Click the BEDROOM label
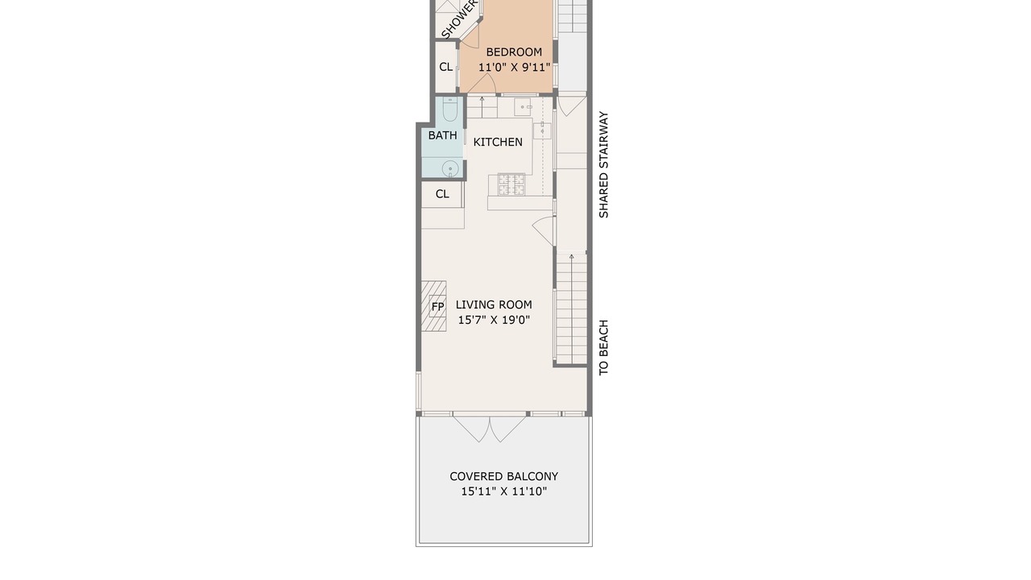pyautogui.click(x=514, y=52)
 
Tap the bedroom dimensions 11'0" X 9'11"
pyautogui.click(x=514, y=67)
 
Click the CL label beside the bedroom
pyautogui.click(x=445, y=67)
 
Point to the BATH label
pyautogui.click(x=442, y=135)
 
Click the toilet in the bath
pyautogui.click(x=449, y=109)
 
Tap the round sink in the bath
pyautogui.click(x=450, y=169)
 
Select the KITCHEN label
pyautogui.click(x=498, y=143)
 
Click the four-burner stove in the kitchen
pyautogui.click(x=511, y=184)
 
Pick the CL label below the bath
pyautogui.click(x=442, y=194)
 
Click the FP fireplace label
pyautogui.click(x=437, y=306)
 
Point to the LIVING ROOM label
pyautogui.click(x=494, y=304)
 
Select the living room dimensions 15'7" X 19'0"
pyautogui.click(x=494, y=320)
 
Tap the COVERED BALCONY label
pyautogui.click(x=503, y=476)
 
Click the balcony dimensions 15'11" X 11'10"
pyautogui.click(x=503, y=491)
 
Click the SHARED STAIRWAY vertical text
pyautogui.click(x=603, y=165)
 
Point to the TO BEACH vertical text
pyautogui.click(x=603, y=347)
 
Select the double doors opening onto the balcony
pyautogui.click(x=490, y=429)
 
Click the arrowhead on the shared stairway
pyautogui.click(x=571, y=257)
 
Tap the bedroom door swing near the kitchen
pyautogui.click(x=482, y=85)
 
